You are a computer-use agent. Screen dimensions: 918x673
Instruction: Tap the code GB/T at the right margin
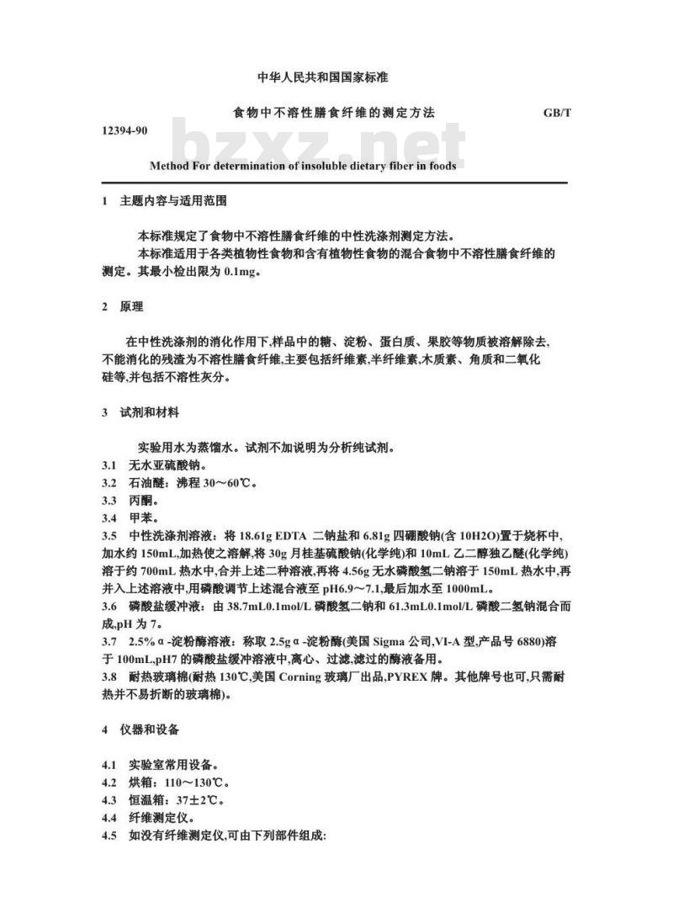coord(557,113)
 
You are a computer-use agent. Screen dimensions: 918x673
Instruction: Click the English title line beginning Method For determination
coord(303,166)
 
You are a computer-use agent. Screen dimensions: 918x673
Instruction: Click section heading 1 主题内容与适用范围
coord(163,202)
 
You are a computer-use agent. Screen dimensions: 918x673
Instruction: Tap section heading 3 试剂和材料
coord(140,412)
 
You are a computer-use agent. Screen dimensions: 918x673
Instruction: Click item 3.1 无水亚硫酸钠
coord(153,465)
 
